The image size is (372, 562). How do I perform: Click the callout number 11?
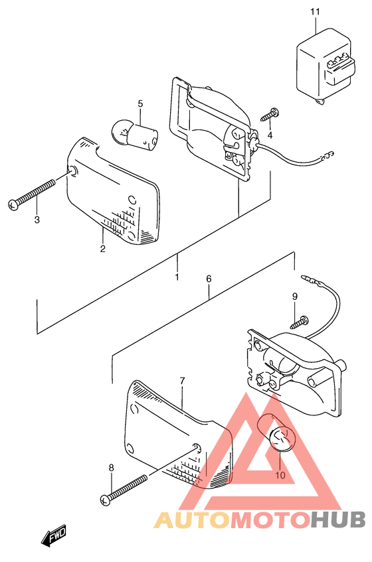pos(314,12)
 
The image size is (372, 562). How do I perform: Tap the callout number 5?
pos(140,104)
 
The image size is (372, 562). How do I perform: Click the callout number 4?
pos(270,135)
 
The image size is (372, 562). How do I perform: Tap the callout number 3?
pos(37,220)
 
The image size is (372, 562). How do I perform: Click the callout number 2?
pos(103,249)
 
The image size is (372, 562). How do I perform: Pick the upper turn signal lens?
pos(116,192)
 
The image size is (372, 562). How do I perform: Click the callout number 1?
pos(177,277)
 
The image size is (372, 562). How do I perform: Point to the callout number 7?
pos(181,380)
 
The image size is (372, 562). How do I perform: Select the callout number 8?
pos(111,468)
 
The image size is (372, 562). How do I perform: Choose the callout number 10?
pos(279,475)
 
